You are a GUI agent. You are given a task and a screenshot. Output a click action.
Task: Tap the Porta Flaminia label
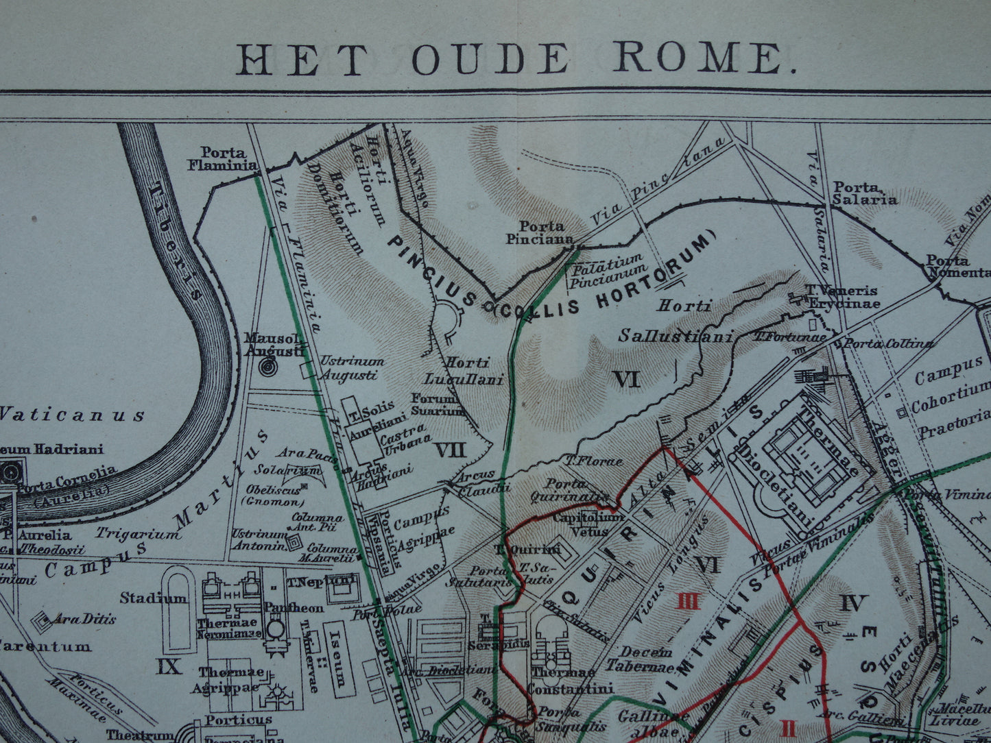click(x=228, y=158)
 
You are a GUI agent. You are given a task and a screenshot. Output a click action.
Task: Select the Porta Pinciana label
click(x=542, y=232)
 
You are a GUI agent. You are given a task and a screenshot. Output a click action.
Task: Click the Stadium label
click(x=154, y=598)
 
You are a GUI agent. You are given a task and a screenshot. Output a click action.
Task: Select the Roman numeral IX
click(x=169, y=666)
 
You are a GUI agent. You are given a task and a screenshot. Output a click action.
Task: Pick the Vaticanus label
click(x=72, y=415)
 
